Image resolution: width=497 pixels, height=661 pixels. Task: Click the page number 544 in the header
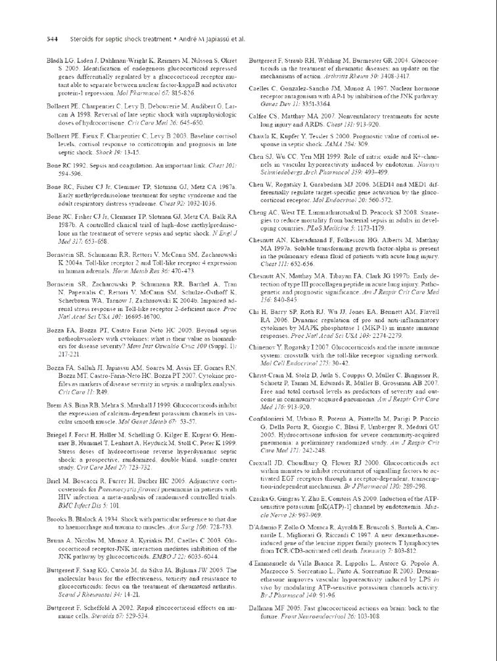coord(52,39)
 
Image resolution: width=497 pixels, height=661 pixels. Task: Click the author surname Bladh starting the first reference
coord(55,61)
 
